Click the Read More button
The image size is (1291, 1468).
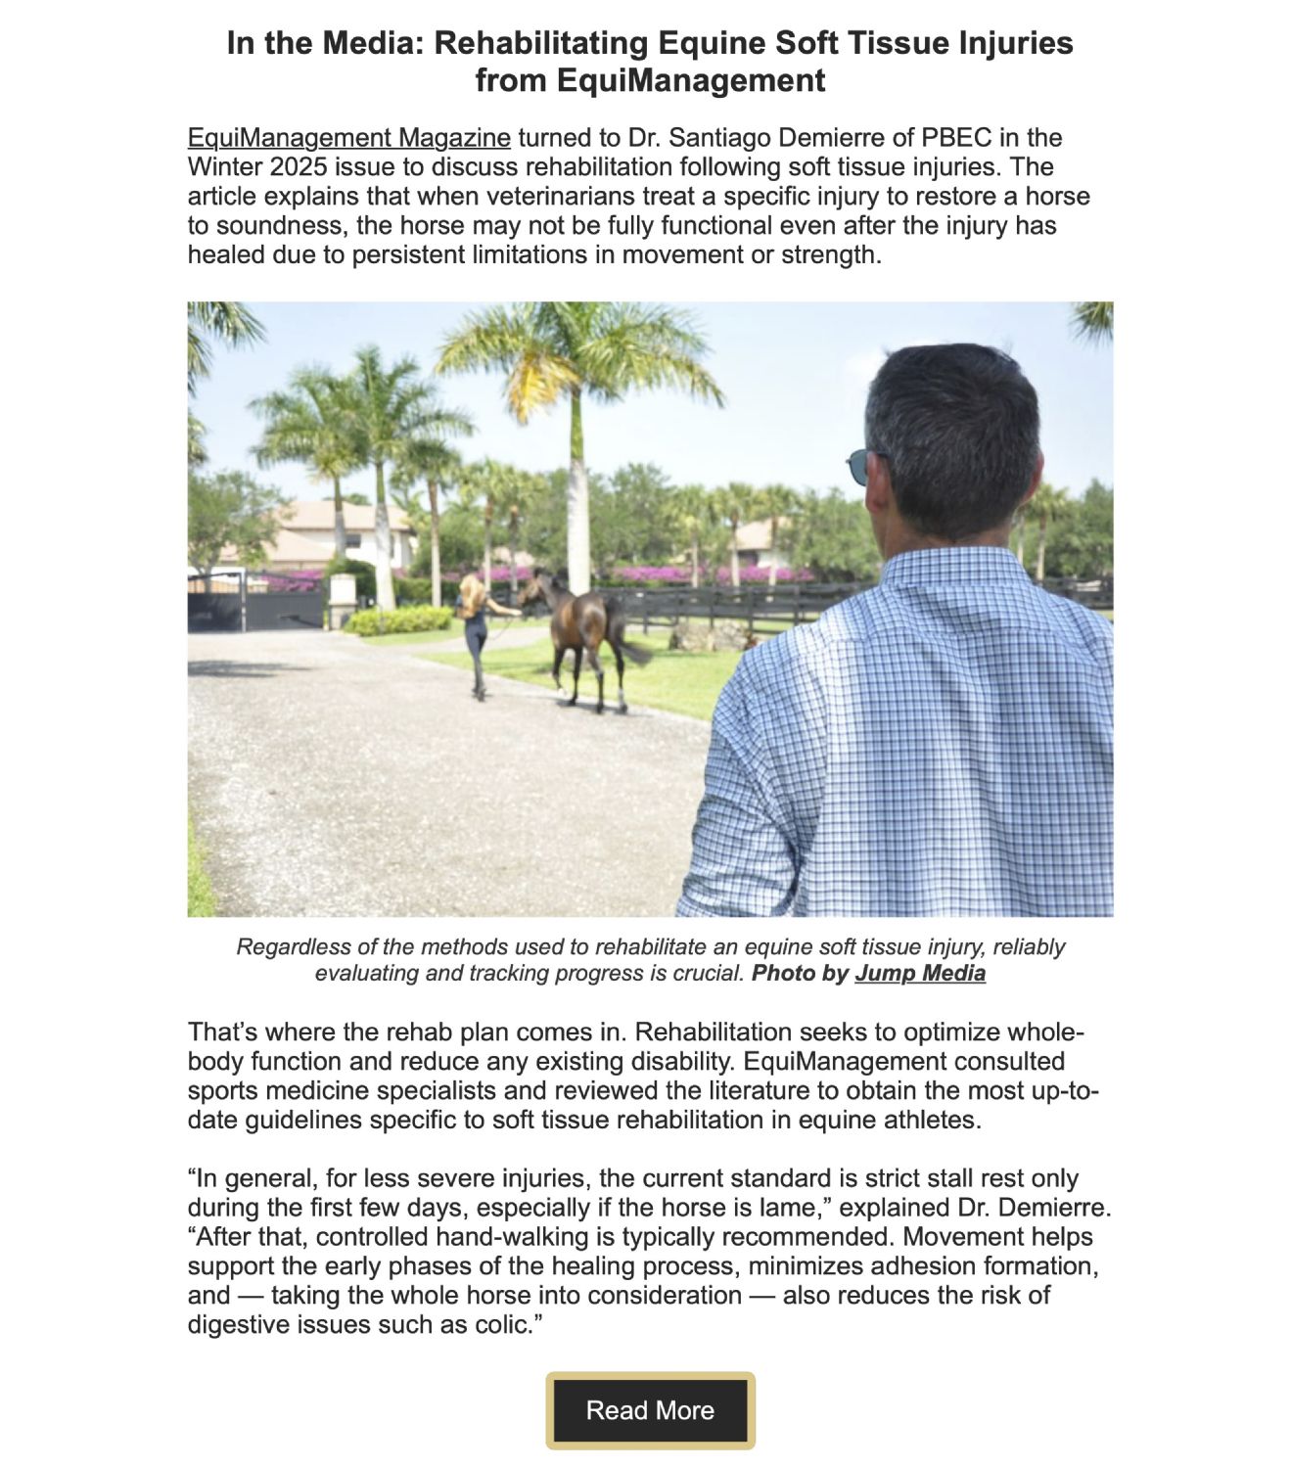pyautogui.click(x=650, y=1410)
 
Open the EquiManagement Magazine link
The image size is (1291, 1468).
pyautogui.click(x=348, y=138)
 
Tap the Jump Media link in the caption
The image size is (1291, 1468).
pyautogui.click(x=919, y=974)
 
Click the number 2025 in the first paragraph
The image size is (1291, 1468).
pyautogui.click(x=299, y=167)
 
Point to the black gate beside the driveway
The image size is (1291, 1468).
pyautogui.click(x=254, y=601)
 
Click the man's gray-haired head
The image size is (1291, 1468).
pyautogui.click(x=954, y=431)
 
